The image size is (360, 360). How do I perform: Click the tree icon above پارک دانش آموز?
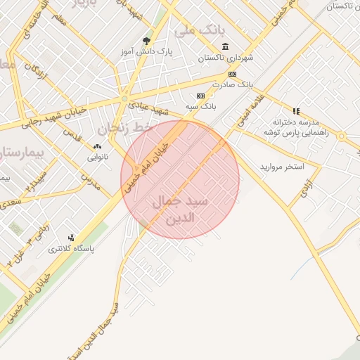(146, 41)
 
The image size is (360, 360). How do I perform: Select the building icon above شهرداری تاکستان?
(224, 46)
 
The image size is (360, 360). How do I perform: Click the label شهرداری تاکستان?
(224, 58)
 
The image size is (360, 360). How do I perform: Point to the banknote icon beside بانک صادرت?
(232, 74)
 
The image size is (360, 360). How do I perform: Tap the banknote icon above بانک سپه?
(201, 96)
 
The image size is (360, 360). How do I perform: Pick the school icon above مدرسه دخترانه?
(296, 111)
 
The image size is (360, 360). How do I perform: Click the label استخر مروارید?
(281, 167)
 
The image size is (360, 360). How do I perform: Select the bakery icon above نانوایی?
(97, 147)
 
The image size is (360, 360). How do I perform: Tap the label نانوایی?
(97, 157)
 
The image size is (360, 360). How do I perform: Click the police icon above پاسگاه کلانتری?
(70, 238)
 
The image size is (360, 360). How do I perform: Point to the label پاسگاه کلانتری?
(71, 248)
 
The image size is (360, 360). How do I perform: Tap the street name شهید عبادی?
(153, 108)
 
